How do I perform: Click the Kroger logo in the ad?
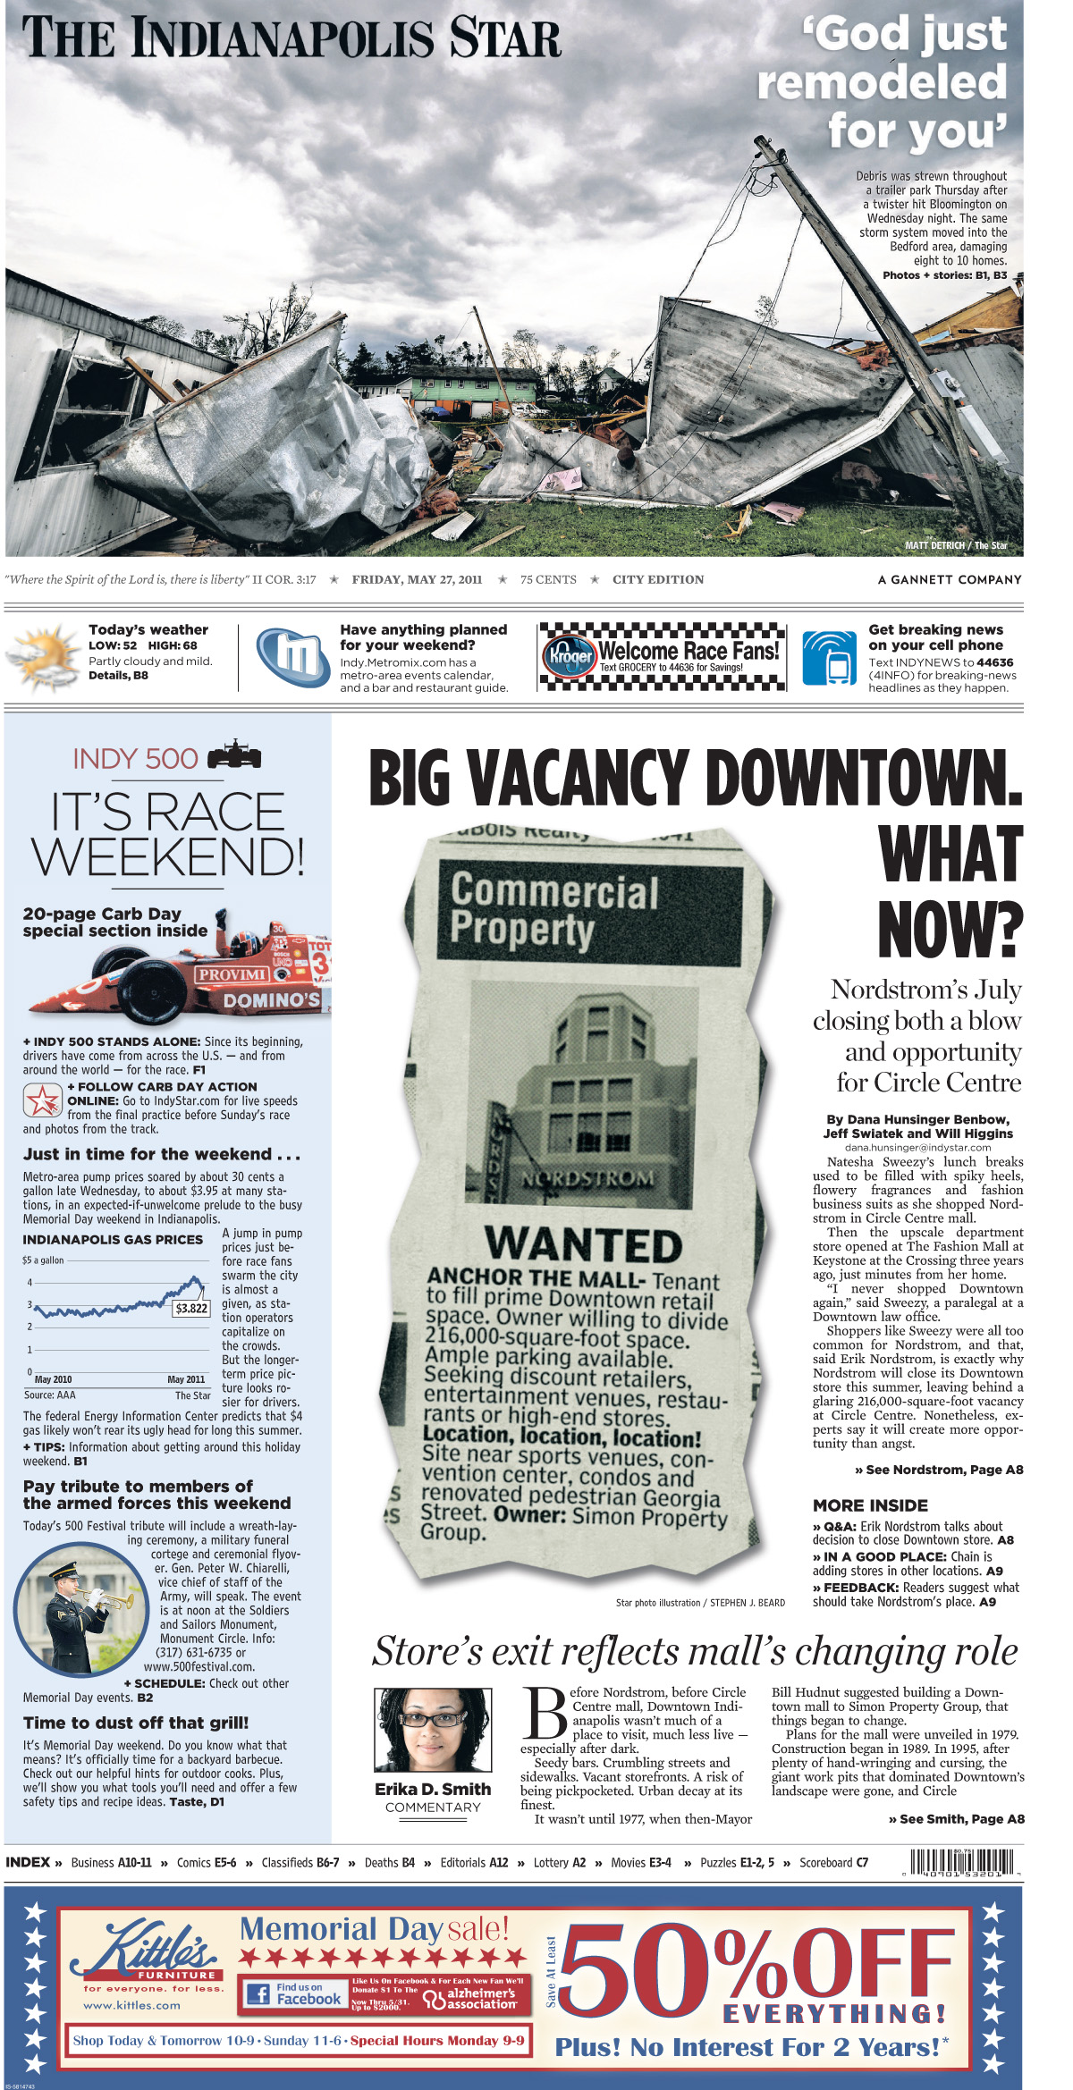point(570,655)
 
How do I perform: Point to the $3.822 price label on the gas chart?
point(191,1309)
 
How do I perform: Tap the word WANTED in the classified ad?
point(583,1245)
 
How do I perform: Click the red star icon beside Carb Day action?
point(42,1100)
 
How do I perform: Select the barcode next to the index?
point(962,1861)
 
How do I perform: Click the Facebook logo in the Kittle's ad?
point(258,1994)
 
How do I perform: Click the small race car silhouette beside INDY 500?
point(234,757)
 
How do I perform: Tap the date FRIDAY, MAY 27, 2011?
point(417,579)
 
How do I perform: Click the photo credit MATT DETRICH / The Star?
point(955,545)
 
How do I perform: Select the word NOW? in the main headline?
point(950,930)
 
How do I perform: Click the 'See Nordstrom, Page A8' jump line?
point(939,1470)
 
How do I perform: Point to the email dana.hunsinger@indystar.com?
point(917,1147)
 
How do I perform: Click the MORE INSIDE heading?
point(870,1505)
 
